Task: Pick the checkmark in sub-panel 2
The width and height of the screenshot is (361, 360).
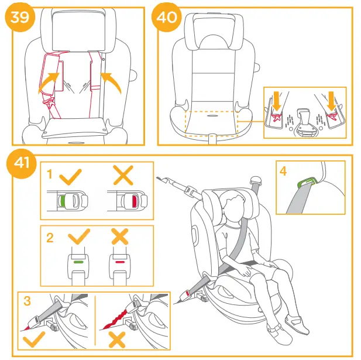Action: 79,237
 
